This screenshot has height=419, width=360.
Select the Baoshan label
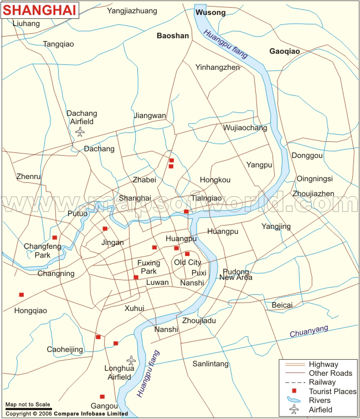tap(173, 35)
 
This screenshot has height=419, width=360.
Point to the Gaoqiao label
tap(284, 51)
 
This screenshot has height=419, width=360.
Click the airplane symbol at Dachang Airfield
tap(81, 132)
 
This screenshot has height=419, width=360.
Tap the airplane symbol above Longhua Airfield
tap(131, 360)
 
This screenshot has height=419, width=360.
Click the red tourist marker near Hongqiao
tap(22, 295)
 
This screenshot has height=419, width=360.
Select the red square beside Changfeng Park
tap(54, 238)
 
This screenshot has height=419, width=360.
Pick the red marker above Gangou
tap(102, 396)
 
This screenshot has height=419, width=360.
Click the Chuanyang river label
tap(308, 331)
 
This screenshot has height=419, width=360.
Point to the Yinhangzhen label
tap(217, 67)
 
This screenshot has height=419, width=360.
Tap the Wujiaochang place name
tap(245, 127)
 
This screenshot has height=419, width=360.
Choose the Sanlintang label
tap(210, 364)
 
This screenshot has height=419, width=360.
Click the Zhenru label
tap(29, 176)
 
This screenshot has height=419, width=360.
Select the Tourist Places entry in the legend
tap(332, 392)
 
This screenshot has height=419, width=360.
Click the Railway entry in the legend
tap(322, 382)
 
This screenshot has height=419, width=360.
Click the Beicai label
tap(282, 305)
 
